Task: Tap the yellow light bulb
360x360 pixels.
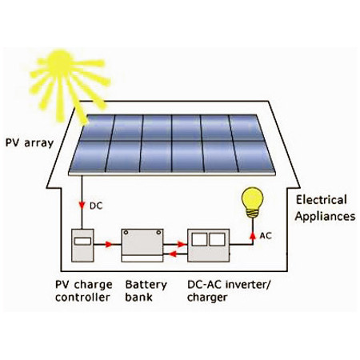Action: point(252,202)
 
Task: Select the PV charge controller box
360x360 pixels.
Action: point(82,246)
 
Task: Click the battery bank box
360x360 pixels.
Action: point(142,246)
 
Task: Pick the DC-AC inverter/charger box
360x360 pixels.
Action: point(209,246)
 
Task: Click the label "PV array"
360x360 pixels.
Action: point(30,143)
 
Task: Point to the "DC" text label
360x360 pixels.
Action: point(96,206)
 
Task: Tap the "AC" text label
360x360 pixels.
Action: point(266,236)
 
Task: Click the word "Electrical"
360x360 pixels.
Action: point(322,200)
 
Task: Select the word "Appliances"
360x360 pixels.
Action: point(325,216)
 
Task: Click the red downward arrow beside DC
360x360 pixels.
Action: point(82,206)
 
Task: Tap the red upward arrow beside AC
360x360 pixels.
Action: point(252,235)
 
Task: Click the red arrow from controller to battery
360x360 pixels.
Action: point(109,244)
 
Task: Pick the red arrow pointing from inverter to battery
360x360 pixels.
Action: point(173,254)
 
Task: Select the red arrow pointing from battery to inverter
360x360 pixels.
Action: point(182,244)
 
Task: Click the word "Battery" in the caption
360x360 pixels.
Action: point(146,285)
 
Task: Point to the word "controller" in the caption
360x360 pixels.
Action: point(82,297)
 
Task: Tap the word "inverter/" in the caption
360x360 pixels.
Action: point(248,285)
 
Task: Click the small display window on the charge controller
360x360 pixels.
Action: point(82,241)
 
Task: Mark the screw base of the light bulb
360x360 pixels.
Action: point(252,214)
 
